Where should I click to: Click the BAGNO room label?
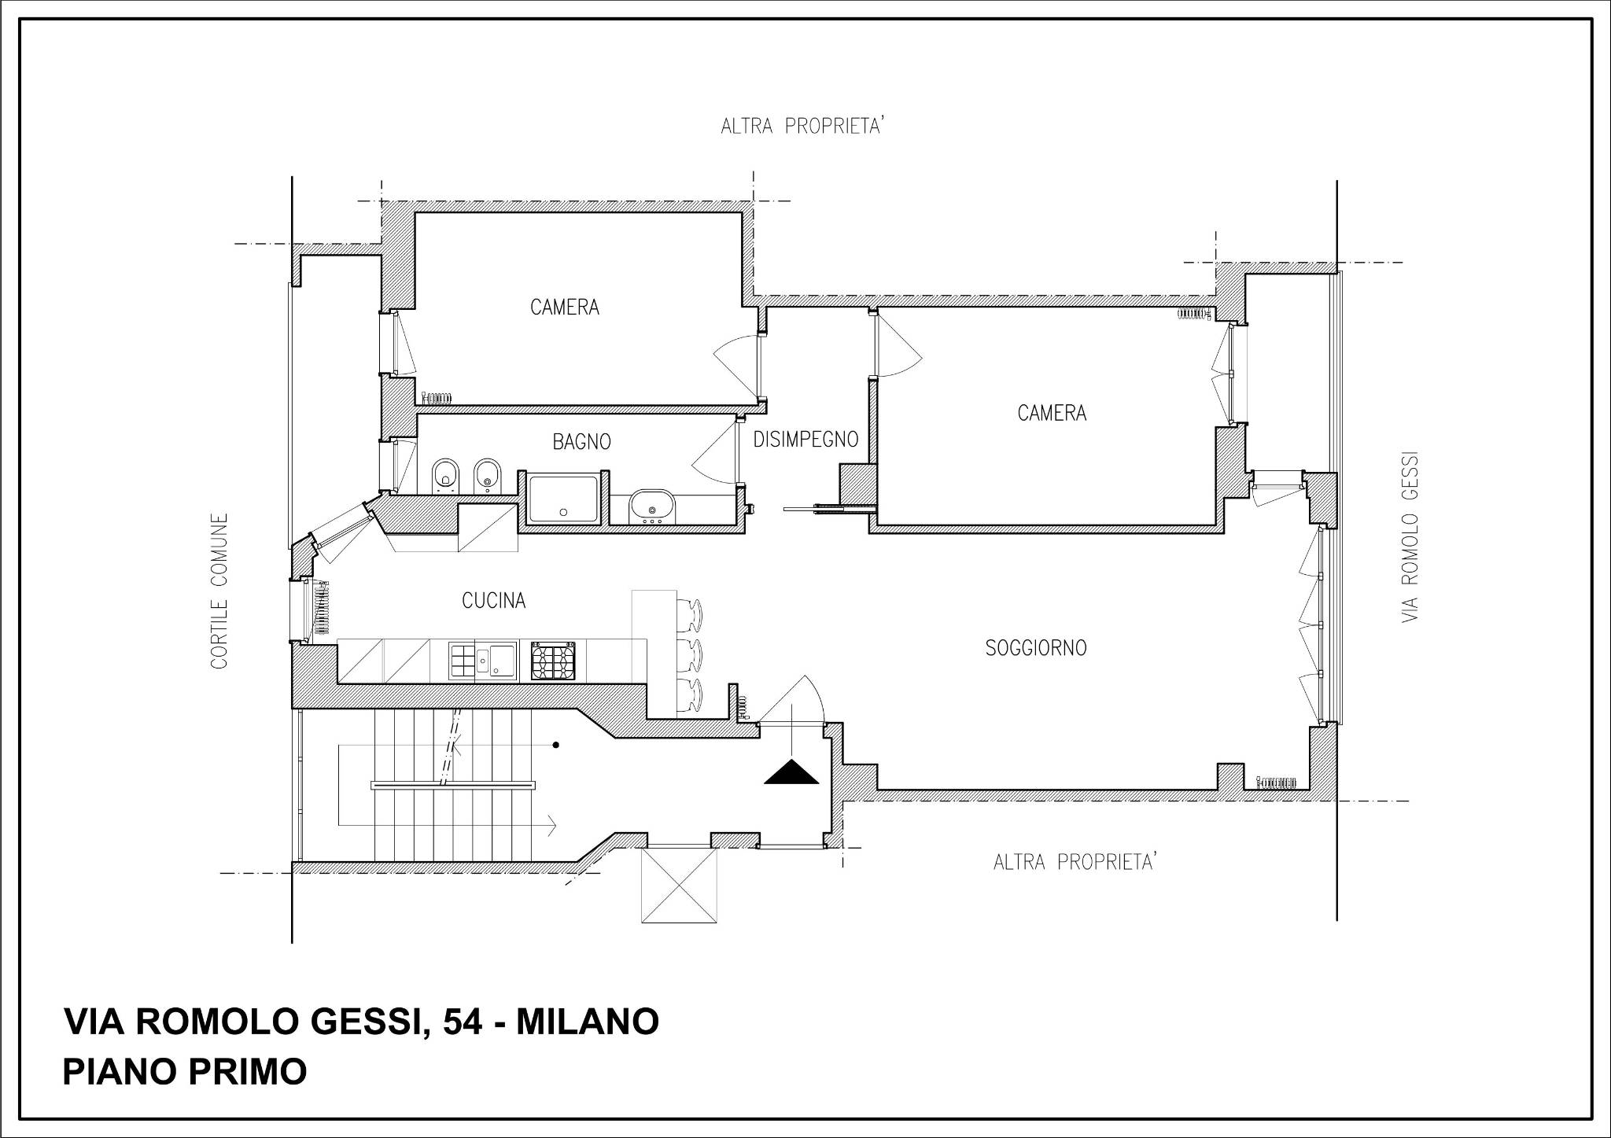pyautogui.click(x=581, y=442)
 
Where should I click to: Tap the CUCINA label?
pyautogui.click(x=493, y=601)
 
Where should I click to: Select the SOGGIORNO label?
pyautogui.click(x=1036, y=648)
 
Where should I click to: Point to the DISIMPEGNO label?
pyautogui.click(x=805, y=440)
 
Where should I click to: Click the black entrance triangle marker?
pyautogui.click(x=792, y=773)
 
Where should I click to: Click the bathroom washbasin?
pyautogui.click(x=652, y=506)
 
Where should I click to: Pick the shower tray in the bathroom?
pyautogui.click(x=564, y=498)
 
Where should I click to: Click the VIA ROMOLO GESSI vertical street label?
pyautogui.click(x=1410, y=538)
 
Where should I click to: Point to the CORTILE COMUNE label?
pyautogui.click(x=219, y=591)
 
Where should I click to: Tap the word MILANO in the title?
pyautogui.click(x=588, y=1022)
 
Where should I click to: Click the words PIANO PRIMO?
pyautogui.click(x=185, y=1072)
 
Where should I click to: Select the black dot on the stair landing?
pyautogui.click(x=556, y=745)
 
